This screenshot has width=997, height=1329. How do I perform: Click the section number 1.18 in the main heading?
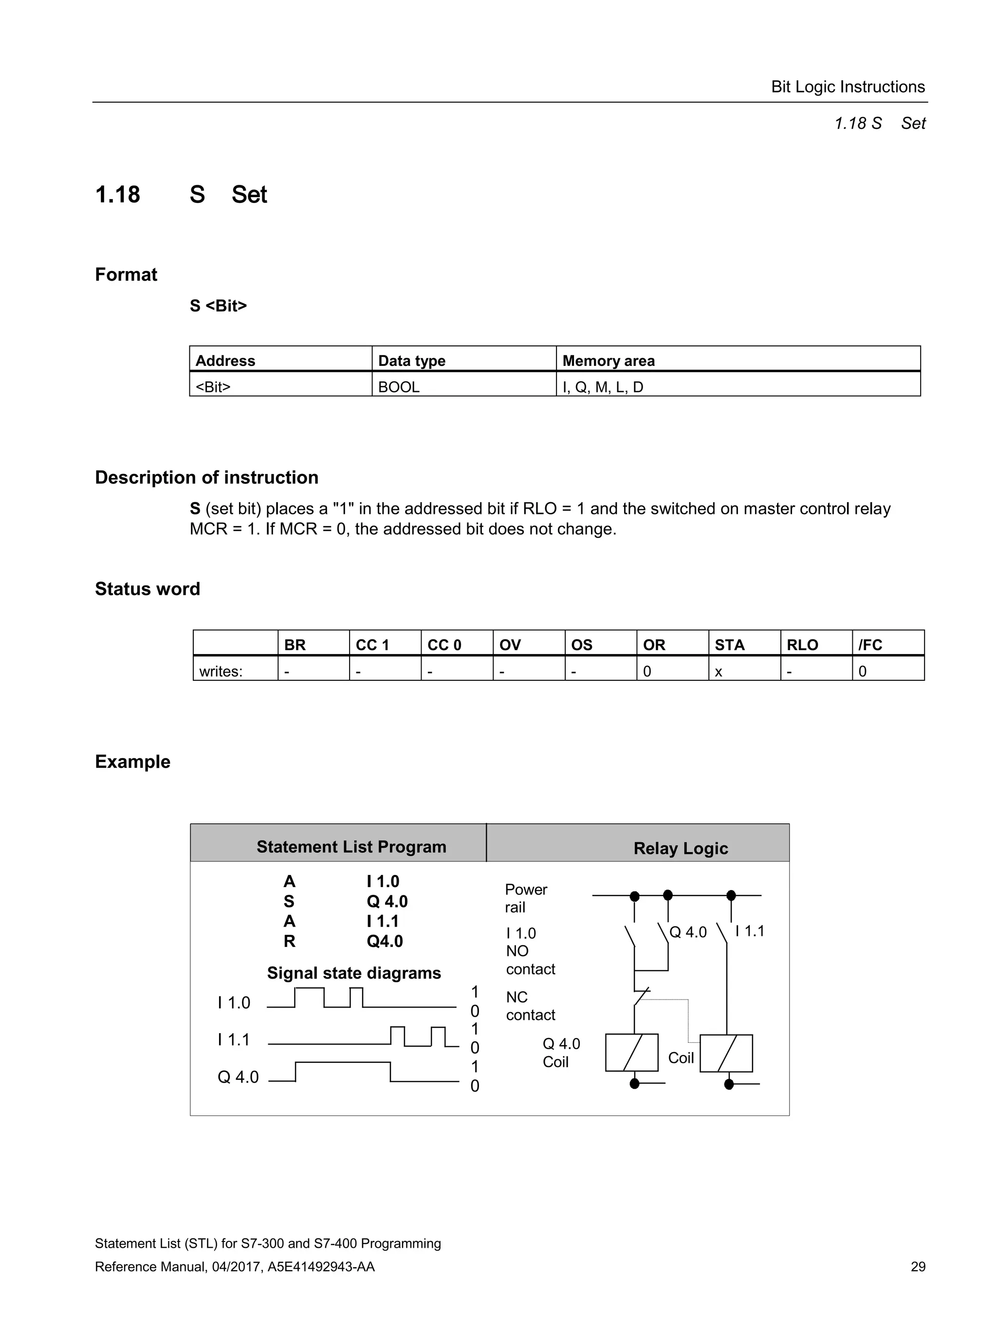pos(118,195)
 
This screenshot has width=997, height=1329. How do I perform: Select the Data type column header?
pos(412,361)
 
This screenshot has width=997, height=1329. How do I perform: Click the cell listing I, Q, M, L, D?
pos(602,387)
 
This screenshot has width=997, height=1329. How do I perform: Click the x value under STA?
pos(718,672)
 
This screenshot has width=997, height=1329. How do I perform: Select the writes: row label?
pos(221,672)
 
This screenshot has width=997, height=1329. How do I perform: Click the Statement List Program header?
pos(351,847)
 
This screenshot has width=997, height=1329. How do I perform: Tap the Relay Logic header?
pos(680,848)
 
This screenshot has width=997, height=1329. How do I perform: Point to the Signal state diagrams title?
pos(353,973)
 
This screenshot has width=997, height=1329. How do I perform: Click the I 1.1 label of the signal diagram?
pos(233,1039)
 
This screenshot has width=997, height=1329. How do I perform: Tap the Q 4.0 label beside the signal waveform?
pos(238,1076)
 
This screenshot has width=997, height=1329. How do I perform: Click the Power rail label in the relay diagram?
pos(525,898)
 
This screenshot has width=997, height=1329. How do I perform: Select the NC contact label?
pos(530,1006)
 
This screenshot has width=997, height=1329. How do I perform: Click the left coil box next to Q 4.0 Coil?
pos(631,1053)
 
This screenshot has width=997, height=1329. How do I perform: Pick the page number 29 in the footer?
pos(918,1267)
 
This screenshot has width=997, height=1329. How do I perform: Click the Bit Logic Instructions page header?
pos(848,87)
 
